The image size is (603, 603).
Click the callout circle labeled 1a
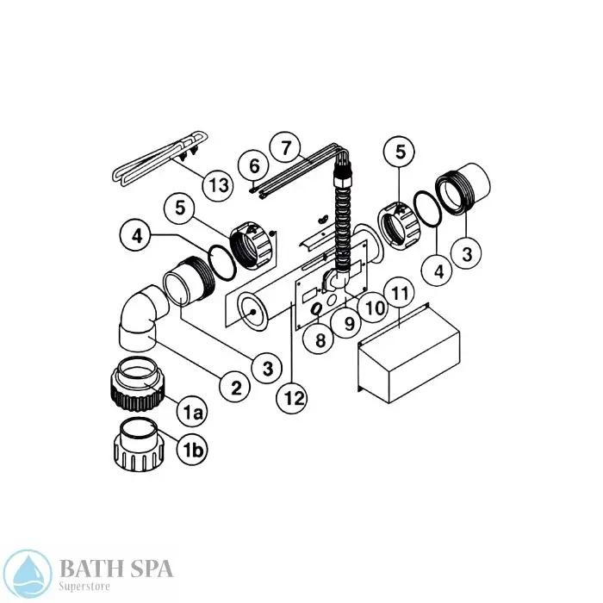(192, 413)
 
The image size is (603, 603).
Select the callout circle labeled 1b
(192, 448)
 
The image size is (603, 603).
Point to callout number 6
(253, 165)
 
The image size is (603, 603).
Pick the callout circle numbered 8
(320, 339)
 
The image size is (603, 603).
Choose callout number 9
(349, 323)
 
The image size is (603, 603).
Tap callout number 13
(218, 183)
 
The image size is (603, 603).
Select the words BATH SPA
(115, 567)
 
